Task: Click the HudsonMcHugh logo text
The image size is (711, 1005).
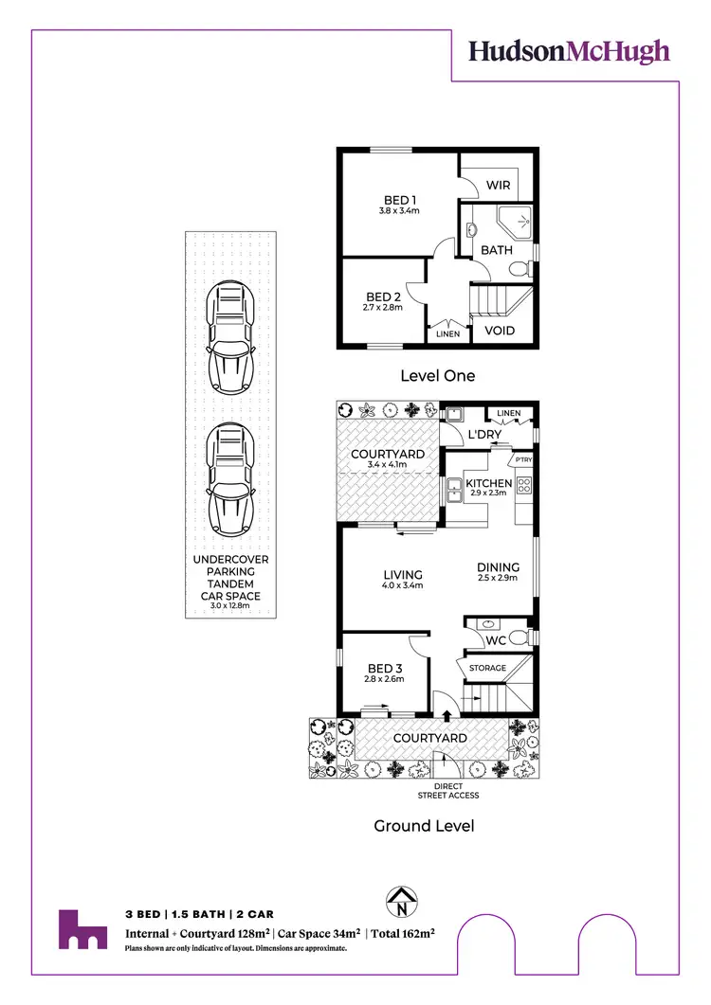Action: pyautogui.click(x=569, y=51)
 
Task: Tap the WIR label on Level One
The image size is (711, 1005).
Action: pyautogui.click(x=499, y=185)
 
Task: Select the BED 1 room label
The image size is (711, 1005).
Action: pyautogui.click(x=400, y=200)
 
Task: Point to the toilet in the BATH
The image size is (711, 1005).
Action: pyautogui.click(x=520, y=271)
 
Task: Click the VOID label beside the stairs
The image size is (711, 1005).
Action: pyautogui.click(x=500, y=331)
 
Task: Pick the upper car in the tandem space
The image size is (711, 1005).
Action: pyautogui.click(x=230, y=338)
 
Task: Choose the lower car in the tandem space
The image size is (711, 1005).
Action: pyautogui.click(x=230, y=480)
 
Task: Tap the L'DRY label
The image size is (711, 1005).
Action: pyautogui.click(x=484, y=434)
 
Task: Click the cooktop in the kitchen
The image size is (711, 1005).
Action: pyautogui.click(x=524, y=486)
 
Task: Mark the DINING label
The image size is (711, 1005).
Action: pyautogui.click(x=498, y=567)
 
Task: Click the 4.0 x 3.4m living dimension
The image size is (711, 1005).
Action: pyautogui.click(x=402, y=585)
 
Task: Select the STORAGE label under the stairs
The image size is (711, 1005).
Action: pyautogui.click(x=488, y=668)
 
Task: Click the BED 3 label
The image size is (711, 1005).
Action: pyautogui.click(x=384, y=668)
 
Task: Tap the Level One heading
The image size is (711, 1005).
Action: pyautogui.click(x=437, y=376)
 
